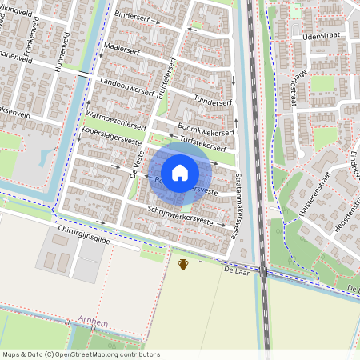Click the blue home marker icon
pyautogui.click(x=180, y=172)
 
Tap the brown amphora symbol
pyautogui.click(x=183, y=264)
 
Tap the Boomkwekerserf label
pyautogui.click(x=207, y=129)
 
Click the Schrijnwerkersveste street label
pyautogui.click(x=184, y=215)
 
